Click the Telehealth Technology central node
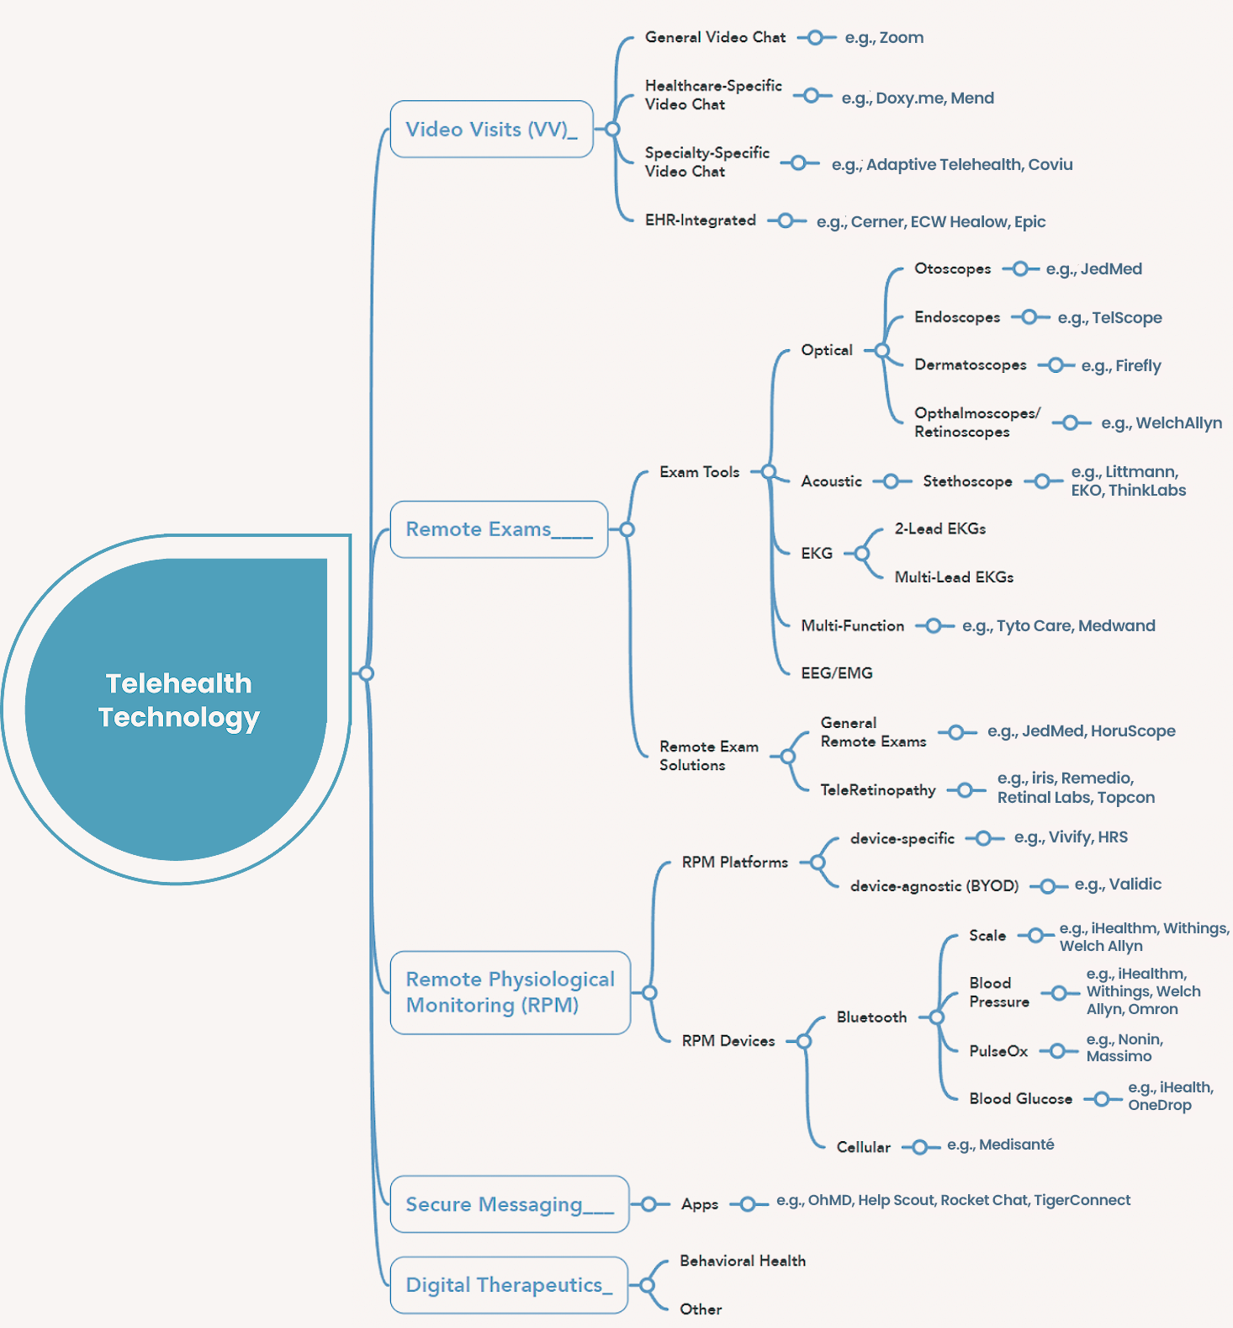(177, 709)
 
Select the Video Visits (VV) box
(492, 129)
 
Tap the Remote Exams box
(499, 529)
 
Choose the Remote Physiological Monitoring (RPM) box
(511, 992)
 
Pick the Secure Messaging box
(510, 1204)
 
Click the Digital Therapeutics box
(509, 1285)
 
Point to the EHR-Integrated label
(701, 220)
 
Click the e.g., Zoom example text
(884, 38)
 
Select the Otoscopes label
(953, 269)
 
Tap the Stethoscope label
(967, 481)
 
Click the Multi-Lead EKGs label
(954, 577)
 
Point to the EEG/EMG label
(837, 673)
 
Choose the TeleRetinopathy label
(878, 790)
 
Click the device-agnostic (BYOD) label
(934, 886)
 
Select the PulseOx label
(998, 1051)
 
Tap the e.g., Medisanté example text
(1000, 1145)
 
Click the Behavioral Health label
(743, 1261)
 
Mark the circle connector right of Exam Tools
(768, 472)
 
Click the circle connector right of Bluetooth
(936, 1017)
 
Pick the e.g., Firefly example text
(1121, 366)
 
